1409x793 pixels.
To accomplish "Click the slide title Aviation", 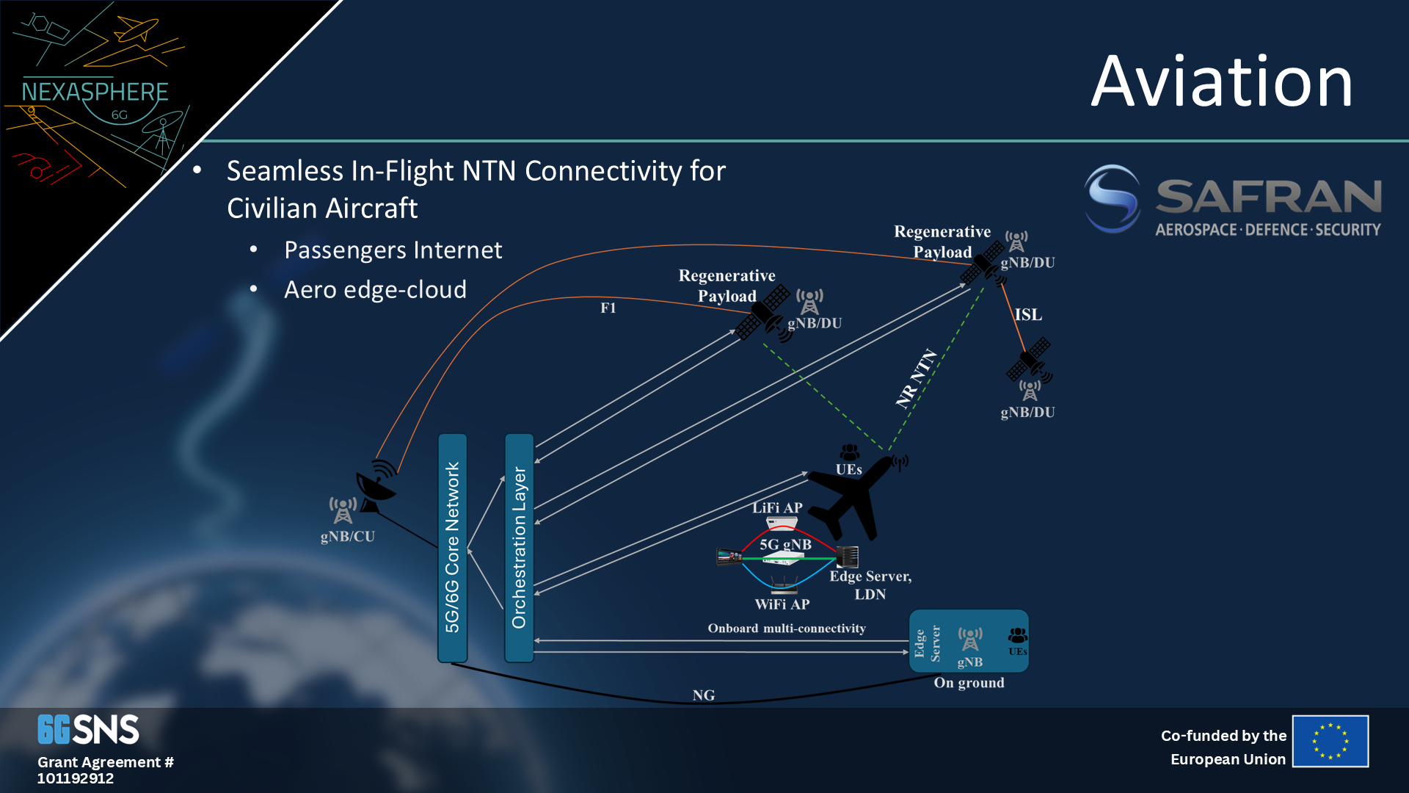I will coord(1221,82).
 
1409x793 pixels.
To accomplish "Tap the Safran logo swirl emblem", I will coord(1113,198).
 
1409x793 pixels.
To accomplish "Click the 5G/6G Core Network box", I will coord(452,548).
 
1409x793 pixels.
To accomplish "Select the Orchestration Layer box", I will coord(519,548).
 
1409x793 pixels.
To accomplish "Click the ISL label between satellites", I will coord(1027,315).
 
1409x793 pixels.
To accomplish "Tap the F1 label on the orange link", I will coord(608,308).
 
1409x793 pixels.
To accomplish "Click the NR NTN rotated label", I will coord(916,379).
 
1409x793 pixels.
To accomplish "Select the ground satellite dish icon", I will coord(376,485).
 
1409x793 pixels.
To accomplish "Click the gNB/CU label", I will coord(347,537).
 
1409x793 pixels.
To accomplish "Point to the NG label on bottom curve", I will coord(703,695).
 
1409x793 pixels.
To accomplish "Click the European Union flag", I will coord(1330,742).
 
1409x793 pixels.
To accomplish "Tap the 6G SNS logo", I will coord(88,730).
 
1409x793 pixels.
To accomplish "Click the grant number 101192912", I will coord(76,778).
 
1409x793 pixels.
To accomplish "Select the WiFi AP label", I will coord(782,604).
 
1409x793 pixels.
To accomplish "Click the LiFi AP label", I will coord(777,508).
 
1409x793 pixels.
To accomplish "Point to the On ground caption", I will coord(969,683).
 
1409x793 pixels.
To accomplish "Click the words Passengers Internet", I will coord(393,250).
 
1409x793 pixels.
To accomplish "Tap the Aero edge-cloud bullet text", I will coord(375,290).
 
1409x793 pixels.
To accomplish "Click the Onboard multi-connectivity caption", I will coord(787,629).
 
